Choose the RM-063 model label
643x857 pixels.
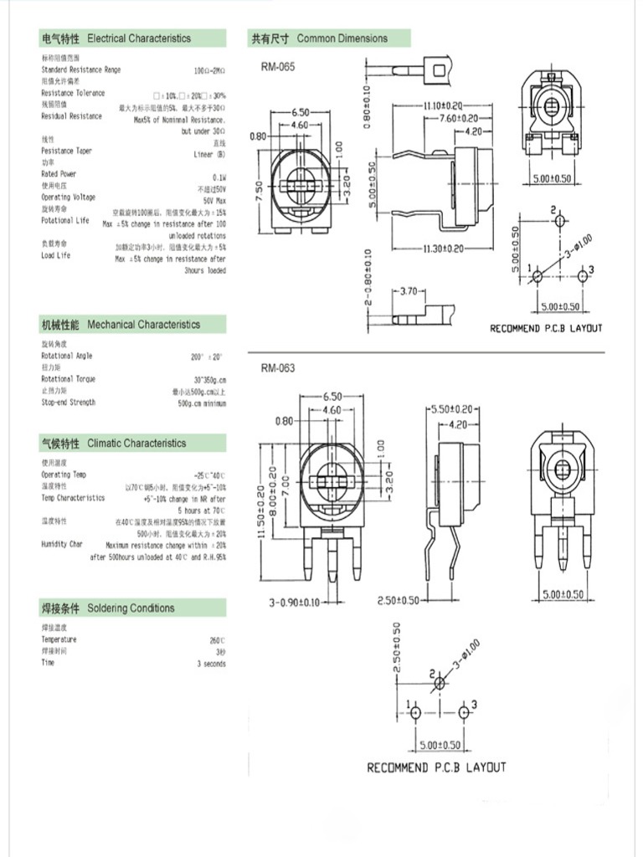point(277,368)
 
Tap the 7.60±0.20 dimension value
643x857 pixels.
point(459,119)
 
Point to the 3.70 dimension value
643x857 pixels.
point(409,291)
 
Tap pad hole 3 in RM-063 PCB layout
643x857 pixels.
point(465,712)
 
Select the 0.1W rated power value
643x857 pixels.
point(219,177)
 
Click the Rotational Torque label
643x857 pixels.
point(68,379)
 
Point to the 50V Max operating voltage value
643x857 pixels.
point(214,202)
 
